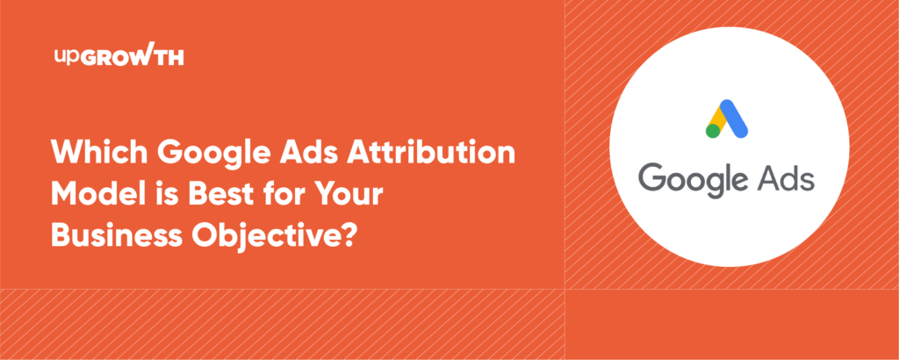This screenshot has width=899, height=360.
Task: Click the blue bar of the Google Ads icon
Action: pos(736,120)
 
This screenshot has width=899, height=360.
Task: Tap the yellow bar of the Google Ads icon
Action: pos(719,121)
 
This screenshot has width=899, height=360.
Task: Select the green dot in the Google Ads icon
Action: pos(712,131)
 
